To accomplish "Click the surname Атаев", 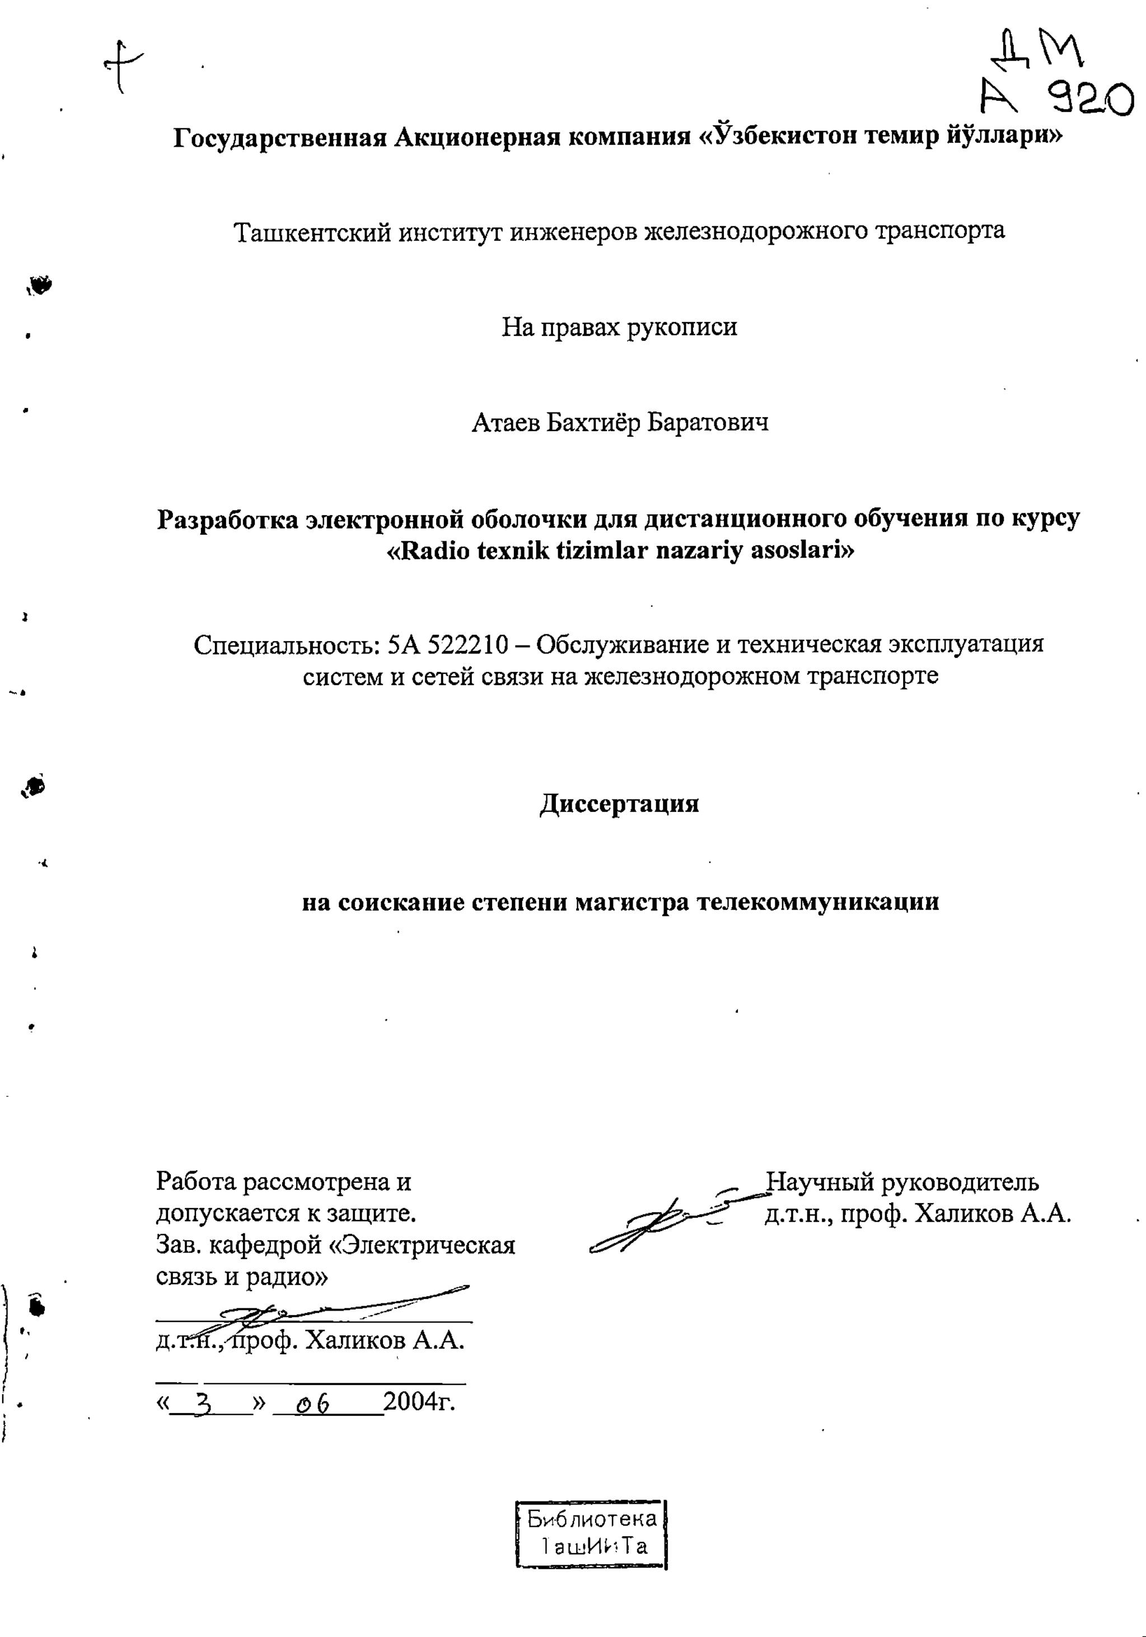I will pos(505,423).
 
